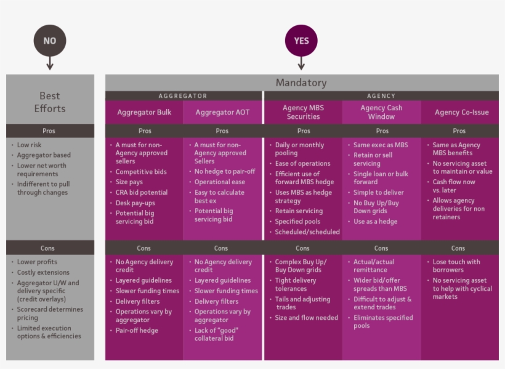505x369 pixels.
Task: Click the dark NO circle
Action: [x=50, y=41]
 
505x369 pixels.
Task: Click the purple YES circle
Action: [x=301, y=41]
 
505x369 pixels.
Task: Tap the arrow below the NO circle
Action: [x=50, y=63]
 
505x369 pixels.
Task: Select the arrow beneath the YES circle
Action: [x=301, y=63]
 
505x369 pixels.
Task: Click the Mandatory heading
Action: [x=301, y=83]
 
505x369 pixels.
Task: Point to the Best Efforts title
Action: [x=50, y=102]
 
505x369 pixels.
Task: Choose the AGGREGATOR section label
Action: [x=183, y=95]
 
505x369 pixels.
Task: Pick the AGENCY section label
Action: [x=381, y=95]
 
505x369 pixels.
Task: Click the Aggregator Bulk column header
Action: [x=144, y=112]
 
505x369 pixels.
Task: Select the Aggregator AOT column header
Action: [x=222, y=112]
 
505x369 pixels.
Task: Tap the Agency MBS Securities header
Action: [x=303, y=112]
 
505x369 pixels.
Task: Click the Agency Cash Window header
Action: [x=381, y=112]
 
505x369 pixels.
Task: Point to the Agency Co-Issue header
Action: [x=461, y=112]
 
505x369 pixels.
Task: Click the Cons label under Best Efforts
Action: [x=47, y=248]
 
